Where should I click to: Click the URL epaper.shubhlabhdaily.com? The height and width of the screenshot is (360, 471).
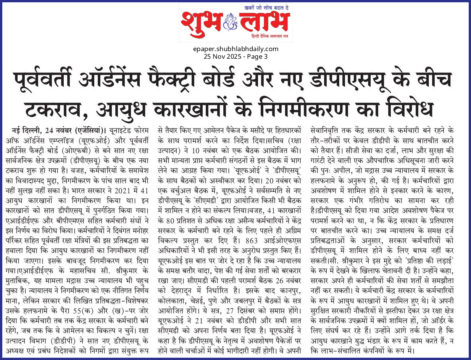(x=236, y=49)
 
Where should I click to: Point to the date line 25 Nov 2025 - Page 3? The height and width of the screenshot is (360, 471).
(x=235, y=56)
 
